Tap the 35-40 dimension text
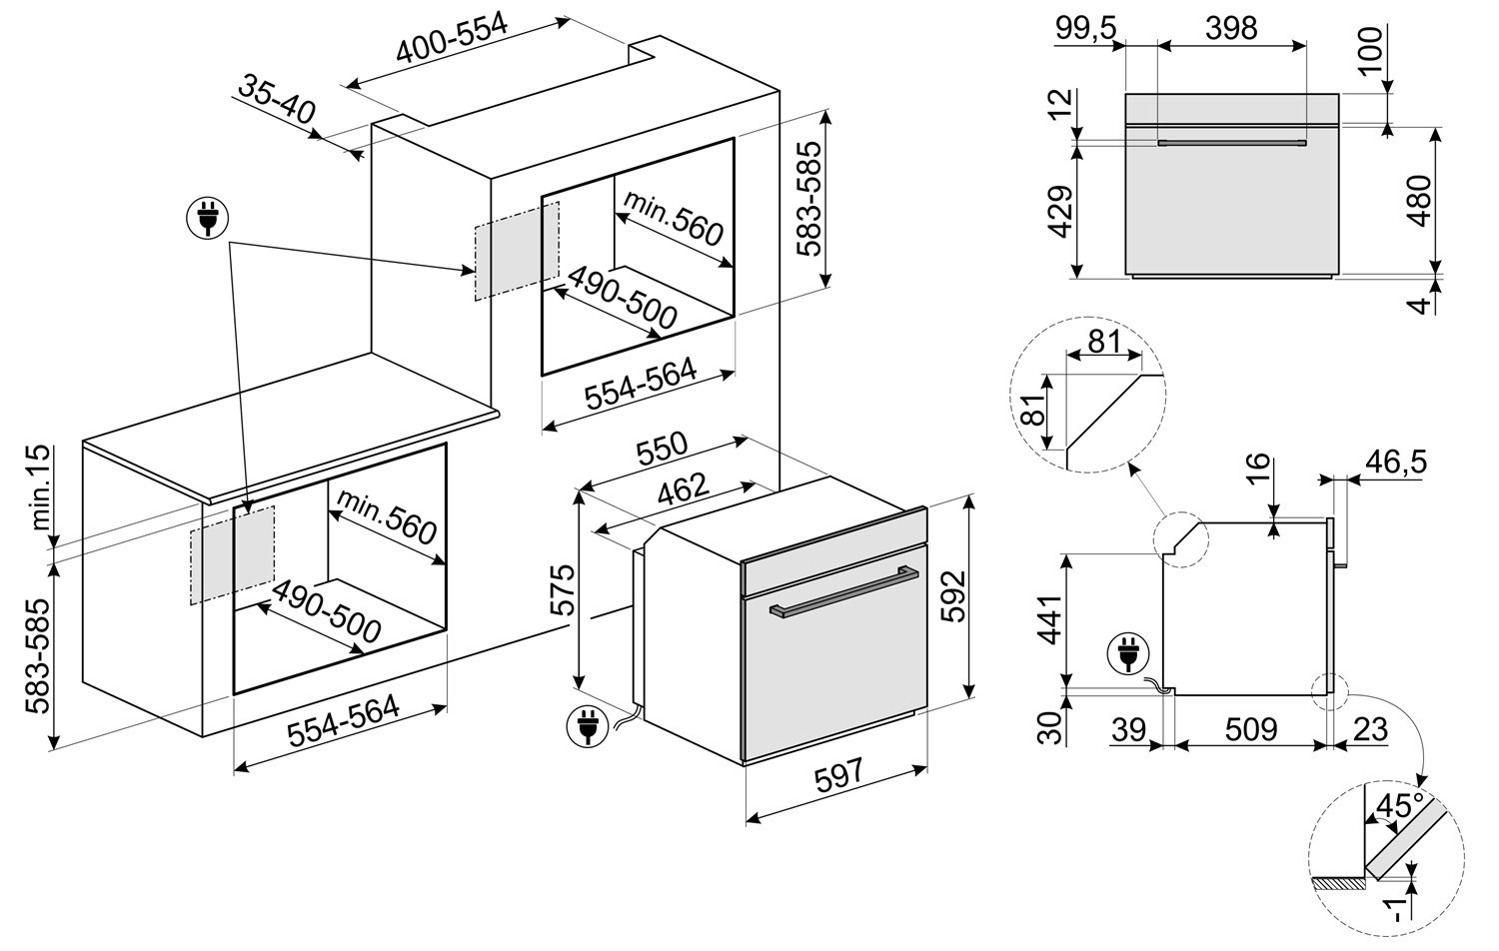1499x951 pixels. click(x=277, y=100)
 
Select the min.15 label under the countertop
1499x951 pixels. click(x=40, y=487)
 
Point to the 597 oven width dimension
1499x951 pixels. click(x=839, y=776)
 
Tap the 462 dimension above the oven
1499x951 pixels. click(x=682, y=490)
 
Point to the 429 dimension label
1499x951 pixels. click(x=1059, y=212)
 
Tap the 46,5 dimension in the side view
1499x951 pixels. click(x=1396, y=462)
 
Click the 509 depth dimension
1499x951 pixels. click(x=1251, y=729)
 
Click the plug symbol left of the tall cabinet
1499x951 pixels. click(x=208, y=218)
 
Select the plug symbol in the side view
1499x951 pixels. click(x=1128, y=653)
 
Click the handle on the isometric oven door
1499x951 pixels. click(x=844, y=591)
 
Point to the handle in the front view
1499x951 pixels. click(x=1231, y=142)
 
